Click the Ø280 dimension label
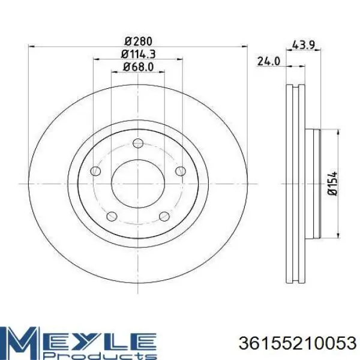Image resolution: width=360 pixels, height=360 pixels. [x=139, y=41]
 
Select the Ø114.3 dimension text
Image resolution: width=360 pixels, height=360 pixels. [x=139, y=54]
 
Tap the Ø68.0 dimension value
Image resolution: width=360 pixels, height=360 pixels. [x=138, y=67]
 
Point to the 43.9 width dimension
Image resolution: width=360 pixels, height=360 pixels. [x=303, y=45]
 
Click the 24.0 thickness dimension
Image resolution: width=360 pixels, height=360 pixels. [x=269, y=62]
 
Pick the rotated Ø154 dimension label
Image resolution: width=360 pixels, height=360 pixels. [x=332, y=184]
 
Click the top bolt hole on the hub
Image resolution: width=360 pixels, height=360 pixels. [x=138, y=143]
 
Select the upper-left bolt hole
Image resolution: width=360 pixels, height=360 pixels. [x=95, y=171]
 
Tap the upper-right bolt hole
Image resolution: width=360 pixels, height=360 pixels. [x=181, y=171]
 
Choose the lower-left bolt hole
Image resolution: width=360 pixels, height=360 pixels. [x=112, y=216]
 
